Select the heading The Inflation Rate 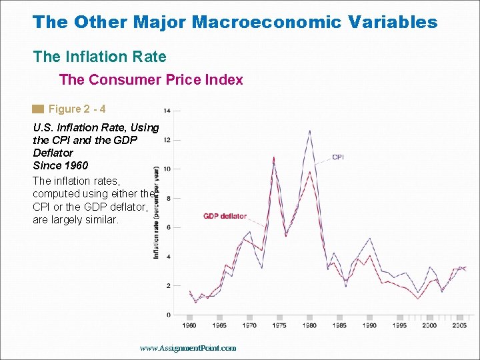[x=99, y=57]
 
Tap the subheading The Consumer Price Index [x=151, y=80]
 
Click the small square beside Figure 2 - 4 [x=38, y=109]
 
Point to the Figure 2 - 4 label [x=77, y=109]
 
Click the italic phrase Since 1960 [x=60, y=165]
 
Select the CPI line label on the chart [x=338, y=157]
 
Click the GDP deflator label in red [x=225, y=216]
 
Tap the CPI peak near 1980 [x=309, y=131]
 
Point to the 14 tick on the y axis [x=167, y=110]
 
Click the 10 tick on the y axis [x=167, y=169]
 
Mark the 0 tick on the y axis [x=168, y=315]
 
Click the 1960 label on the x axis [x=189, y=325]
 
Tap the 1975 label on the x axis [x=279, y=325]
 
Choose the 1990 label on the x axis [x=369, y=325]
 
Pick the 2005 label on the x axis [x=459, y=325]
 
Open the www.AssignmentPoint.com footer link [x=188, y=348]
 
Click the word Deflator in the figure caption [x=53, y=153]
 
